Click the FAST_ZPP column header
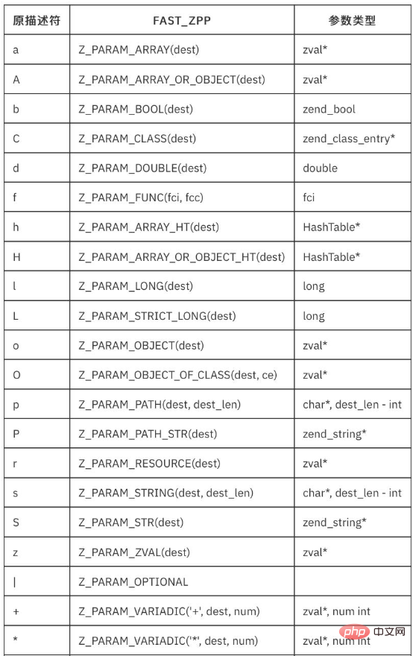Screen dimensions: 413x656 click(182, 21)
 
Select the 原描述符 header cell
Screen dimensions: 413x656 click(37, 21)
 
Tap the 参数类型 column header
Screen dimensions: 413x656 click(352, 21)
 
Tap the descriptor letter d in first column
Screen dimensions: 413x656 click(16, 168)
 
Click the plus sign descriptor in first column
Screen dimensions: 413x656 click(16, 612)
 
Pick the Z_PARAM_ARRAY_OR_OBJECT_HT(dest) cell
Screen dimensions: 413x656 click(182, 257)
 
